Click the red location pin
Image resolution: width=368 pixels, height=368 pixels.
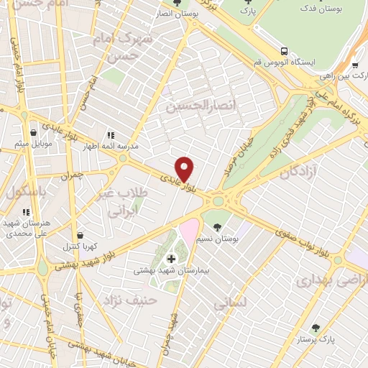pyautogui.click(x=185, y=169)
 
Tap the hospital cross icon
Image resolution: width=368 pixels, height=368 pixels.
pyautogui.click(x=171, y=259)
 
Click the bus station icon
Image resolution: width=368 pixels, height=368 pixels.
pyautogui.click(x=285, y=51)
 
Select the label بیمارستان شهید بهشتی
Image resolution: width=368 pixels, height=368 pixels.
pyautogui.click(x=170, y=272)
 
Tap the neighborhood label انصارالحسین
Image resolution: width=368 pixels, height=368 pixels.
pyautogui.click(x=191, y=106)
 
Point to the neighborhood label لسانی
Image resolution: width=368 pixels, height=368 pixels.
pyautogui.click(x=231, y=304)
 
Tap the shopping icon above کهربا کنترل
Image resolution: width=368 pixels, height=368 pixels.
pyautogui.click(x=79, y=235)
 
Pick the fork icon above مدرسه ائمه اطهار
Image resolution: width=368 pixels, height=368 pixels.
pyautogui.click(x=111, y=134)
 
